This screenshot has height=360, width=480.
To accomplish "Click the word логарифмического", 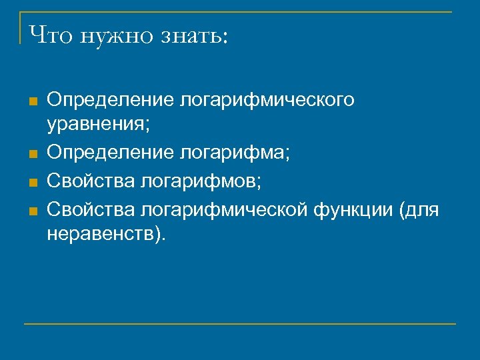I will (267, 101).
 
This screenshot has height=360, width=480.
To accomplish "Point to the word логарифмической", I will (223, 211).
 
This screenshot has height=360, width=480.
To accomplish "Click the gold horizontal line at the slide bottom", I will (240, 324).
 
